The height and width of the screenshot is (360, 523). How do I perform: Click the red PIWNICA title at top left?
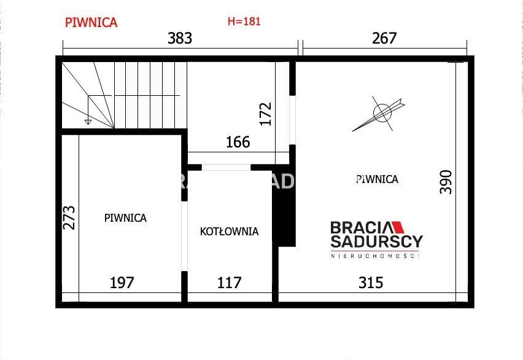pyautogui.click(x=91, y=22)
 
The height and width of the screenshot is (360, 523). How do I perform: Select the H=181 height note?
pyautogui.click(x=244, y=22)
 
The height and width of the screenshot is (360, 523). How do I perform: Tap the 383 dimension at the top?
pyautogui.click(x=180, y=38)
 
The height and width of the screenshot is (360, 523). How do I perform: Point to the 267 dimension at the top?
pyautogui.click(x=384, y=38)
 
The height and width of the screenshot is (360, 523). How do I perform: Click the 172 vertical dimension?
pyautogui.click(x=266, y=114)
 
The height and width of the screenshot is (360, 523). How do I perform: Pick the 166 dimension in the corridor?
pyautogui.click(x=238, y=143)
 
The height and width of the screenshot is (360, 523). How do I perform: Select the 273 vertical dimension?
pyautogui.click(x=69, y=217)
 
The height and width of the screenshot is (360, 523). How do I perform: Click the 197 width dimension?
pyautogui.click(x=122, y=283)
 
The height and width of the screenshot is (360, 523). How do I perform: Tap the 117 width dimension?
pyautogui.click(x=230, y=283)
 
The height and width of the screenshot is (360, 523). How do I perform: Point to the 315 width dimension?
pyautogui.click(x=371, y=283)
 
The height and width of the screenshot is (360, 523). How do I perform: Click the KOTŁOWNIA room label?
pyautogui.click(x=229, y=232)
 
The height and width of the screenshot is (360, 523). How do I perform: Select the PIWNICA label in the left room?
pyautogui.click(x=125, y=217)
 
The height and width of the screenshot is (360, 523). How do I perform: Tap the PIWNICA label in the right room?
pyautogui.click(x=377, y=179)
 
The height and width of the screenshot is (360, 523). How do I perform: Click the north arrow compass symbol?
pyautogui.click(x=382, y=113)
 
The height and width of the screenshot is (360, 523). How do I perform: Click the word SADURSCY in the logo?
pyautogui.click(x=376, y=241)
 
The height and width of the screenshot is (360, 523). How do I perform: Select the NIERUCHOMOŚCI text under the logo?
pyautogui.click(x=375, y=256)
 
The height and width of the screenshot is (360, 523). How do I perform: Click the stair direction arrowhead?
pyautogui.click(x=88, y=122)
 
